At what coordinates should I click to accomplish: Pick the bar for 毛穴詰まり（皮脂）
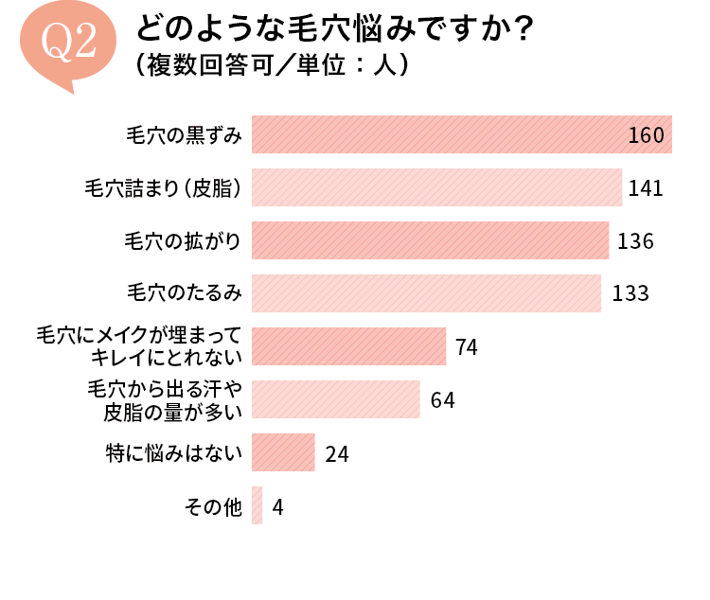(436, 187)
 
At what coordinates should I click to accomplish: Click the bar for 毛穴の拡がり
(430, 240)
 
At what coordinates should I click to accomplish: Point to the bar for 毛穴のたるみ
(426, 293)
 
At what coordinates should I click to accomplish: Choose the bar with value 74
(348, 346)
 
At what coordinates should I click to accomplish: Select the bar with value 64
(335, 399)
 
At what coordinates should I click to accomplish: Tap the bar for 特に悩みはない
(283, 452)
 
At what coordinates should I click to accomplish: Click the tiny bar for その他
(257, 505)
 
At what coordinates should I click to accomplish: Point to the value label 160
(647, 135)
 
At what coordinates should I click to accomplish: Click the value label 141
(645, 188)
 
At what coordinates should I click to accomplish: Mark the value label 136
(635, 241)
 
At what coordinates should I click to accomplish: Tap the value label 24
(337, 454)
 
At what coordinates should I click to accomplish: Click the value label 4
(277, 507)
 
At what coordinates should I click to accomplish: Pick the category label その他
(214, 506)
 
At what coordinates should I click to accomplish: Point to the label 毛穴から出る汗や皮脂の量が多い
(166, 399)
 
